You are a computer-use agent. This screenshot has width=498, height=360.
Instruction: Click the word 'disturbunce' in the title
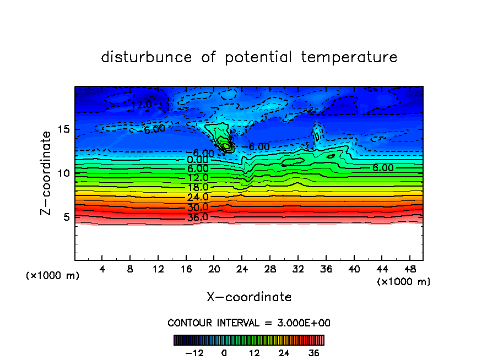146,57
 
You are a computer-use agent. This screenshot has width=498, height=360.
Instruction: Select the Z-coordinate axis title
48,173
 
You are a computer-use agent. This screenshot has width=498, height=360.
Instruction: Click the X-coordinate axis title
249,297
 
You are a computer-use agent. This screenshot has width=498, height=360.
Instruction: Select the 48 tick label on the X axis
409,270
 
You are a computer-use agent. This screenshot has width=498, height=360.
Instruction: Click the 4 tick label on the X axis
102,270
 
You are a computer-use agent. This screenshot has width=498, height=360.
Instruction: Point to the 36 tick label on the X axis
326,270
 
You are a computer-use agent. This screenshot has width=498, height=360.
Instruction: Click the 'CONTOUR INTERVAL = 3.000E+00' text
249,323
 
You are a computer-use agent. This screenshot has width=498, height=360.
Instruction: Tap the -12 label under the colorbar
194,353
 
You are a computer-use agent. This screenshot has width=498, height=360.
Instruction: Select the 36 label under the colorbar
314,353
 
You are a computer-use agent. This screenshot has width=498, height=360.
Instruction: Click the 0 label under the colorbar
224,353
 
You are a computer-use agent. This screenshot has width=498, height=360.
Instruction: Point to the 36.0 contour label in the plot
197,217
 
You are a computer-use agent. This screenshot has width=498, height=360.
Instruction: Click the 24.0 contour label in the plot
197,197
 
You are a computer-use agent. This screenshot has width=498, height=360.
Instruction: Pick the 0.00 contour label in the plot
197,160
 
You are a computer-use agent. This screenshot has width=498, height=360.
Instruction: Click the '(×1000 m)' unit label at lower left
52,276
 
